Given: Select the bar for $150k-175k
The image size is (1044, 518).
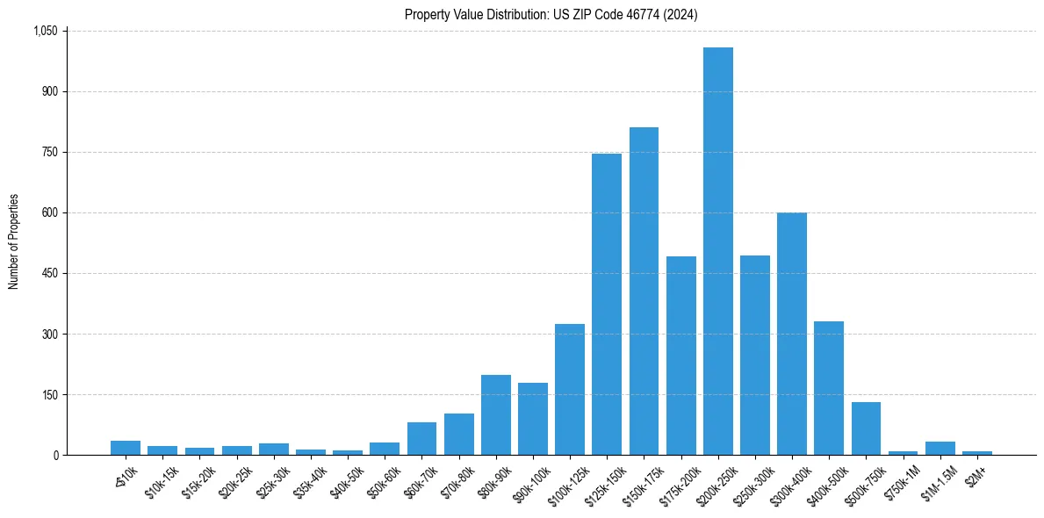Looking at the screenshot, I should point(644,291).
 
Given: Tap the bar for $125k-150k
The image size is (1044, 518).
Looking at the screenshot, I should point(607,304).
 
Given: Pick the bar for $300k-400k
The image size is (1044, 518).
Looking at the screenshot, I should point(791,334).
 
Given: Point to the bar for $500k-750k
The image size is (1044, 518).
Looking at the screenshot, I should point(866,428).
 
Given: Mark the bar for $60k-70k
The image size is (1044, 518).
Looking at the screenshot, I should point(421,438).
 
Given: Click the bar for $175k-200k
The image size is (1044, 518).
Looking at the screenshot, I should point(680,356).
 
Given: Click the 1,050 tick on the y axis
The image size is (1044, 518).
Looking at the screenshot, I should point(45,31).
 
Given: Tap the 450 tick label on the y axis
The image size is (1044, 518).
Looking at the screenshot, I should point(49,273).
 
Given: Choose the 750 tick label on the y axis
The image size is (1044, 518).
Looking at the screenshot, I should point(49,152).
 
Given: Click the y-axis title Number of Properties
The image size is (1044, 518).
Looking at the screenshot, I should point(13,242).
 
